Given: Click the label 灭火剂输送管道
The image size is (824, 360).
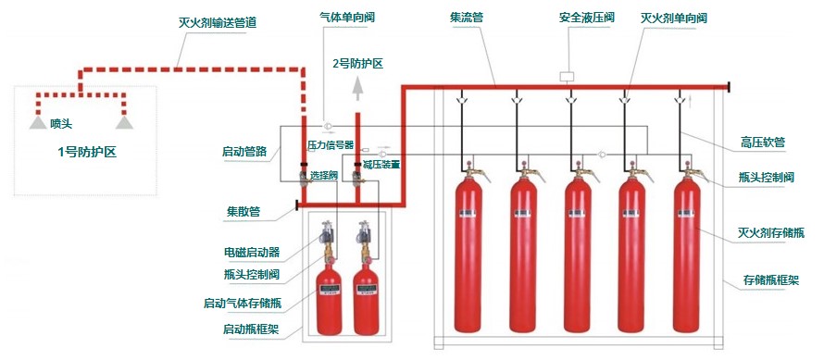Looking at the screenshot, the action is pyautogui.click(x=218, y=24).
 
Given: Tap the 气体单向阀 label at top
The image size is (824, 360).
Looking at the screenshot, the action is pyautogui.click(x=347, y=17).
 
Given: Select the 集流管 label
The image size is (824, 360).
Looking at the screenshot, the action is pyautogui.click(x=467, y=17).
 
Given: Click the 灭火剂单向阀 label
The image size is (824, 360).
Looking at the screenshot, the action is pyautogui.click(x=674, y=18).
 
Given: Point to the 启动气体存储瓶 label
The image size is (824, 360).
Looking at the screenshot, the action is pyautogui.click(x=243, y=304).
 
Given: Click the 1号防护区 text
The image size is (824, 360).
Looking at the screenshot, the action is pyautogui.click(x=87, y=153).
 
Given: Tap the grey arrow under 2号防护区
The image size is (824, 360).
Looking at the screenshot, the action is pyautogui.click(x=357, y=88).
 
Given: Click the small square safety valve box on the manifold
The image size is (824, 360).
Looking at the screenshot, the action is pyautogui.click(x=567, y=77).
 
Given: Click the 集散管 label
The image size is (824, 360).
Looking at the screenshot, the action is pyautogui.click(x=243, y=212).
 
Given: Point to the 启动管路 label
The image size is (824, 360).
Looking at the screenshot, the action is pyautogui.click(x=244, y=153).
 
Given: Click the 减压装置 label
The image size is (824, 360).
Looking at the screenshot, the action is pyautogui.click(x=381, y=165).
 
